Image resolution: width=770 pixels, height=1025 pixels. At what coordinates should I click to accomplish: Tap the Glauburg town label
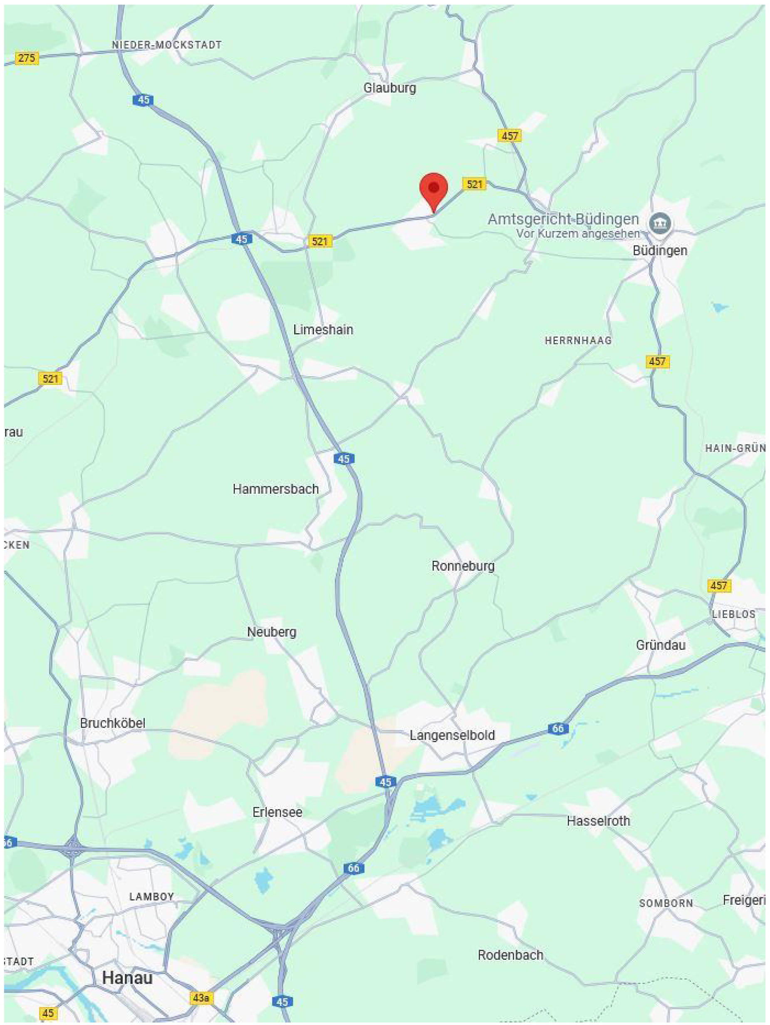click(390, 88)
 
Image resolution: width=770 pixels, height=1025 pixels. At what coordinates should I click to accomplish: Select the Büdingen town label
click(660, 251)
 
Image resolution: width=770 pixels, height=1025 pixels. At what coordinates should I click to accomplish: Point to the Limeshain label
click(323, 330)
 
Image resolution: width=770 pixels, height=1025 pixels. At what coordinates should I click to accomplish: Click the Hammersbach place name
click(276, 489)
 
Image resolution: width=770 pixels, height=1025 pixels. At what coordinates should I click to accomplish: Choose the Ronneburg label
click(463, 566)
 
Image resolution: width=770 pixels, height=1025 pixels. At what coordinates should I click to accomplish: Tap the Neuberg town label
click(272, 632)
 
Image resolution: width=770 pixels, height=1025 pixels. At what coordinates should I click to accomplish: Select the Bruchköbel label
click(113, 723)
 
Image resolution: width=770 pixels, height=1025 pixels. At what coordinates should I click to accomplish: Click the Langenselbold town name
click(452, 735)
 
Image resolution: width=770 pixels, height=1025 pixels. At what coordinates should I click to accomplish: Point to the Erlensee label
click(277, 812)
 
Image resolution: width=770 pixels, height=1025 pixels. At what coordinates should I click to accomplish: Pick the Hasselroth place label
click(598, 821)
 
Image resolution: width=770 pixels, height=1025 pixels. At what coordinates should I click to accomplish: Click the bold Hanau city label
click(127, 978)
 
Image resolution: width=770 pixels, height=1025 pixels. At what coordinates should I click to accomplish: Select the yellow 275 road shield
click(26, 58)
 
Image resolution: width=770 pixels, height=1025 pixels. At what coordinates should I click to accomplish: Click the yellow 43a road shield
click(201, 997)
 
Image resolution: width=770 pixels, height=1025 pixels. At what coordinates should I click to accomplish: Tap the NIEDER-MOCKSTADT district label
click(167, 45)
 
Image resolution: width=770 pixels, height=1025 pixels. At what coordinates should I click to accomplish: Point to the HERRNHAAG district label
click(578, 341)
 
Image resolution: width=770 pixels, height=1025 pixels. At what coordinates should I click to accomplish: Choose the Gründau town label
click(660, 644)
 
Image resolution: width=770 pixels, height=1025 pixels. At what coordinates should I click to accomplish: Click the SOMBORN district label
click(666, 903)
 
